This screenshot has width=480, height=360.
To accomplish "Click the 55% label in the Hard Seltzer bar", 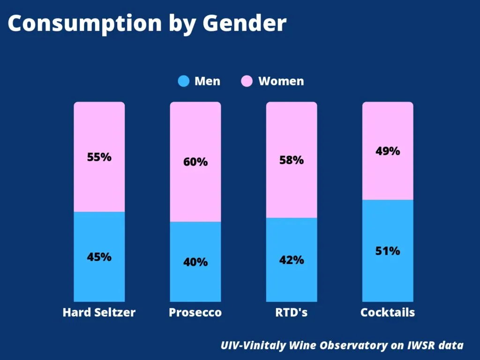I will (99, 157).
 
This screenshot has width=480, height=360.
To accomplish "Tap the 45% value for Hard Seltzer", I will (99, 257).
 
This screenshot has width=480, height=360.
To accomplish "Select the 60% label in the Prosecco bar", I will (195, 162).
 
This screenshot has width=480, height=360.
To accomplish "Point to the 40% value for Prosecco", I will (195, 262).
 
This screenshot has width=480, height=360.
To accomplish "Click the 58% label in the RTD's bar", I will (292, 160).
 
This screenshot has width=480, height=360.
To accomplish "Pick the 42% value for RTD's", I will (292, 260).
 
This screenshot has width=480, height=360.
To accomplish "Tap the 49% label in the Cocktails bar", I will (388, 151).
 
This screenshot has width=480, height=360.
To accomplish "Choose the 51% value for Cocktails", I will (388, 251).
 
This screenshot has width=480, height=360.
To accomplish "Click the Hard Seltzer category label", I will (99, 313).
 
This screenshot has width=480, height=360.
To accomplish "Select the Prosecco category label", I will (195, 313).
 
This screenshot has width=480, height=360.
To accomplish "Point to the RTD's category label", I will (292, 313).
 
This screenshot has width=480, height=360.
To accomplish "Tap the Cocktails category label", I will (388, 313).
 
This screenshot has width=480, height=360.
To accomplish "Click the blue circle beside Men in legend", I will (184, 81).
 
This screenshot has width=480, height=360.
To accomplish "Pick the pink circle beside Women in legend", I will (247, 81).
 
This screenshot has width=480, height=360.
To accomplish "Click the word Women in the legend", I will (281, 81).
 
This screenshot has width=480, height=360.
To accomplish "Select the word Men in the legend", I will (207, 81).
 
